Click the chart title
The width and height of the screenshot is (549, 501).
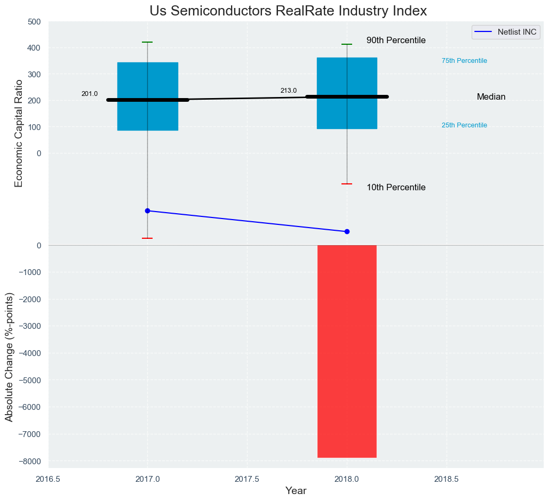pos(288,11)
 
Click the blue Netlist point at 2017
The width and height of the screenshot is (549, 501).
pos(148,211)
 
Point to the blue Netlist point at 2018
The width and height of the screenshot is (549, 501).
pos(347,231)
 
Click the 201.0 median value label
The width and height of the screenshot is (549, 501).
pos(90,94)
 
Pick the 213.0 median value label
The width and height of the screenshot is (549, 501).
pos(289,91)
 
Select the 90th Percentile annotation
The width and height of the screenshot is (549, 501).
pos(396,41)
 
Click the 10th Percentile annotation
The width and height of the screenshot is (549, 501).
pos(396,188)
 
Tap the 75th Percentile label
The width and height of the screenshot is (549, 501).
pos(464,61)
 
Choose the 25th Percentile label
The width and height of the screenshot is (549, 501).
pos(464,125)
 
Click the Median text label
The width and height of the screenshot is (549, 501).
pos(491,97)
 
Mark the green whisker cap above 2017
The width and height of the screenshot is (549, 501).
pos(148,42)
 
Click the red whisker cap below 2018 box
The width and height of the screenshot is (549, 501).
pos(347,184)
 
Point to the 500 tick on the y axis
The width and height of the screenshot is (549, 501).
pos(34,22)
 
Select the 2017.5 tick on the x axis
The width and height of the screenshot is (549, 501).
pos(247,479)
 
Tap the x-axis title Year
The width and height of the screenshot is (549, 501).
pos(296,491)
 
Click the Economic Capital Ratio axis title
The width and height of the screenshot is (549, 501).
pos(19,133)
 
